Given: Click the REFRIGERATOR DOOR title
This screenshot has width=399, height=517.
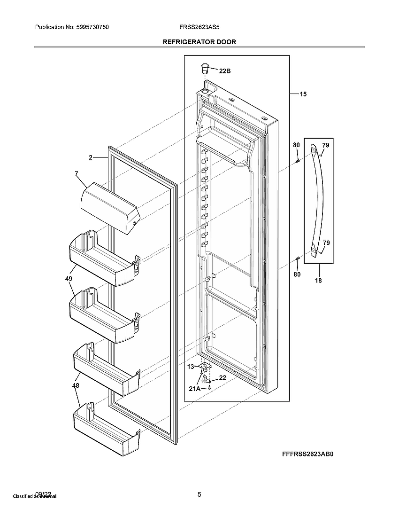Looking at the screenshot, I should click(199, 42).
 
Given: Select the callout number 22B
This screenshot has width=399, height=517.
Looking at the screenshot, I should click(225, 71).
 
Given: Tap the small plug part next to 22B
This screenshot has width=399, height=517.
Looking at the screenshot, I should click(205, 68).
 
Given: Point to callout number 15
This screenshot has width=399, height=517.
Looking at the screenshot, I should click(303, 94).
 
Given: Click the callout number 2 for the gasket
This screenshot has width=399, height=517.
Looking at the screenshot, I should click(90, 158).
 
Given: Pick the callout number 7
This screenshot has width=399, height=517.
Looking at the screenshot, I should click(76, 174).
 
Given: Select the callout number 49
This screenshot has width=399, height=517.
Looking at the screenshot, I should click(69, 279).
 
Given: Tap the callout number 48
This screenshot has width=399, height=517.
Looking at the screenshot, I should click(76, 385).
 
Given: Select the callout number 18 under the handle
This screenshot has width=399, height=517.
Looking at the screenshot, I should click(318, 281).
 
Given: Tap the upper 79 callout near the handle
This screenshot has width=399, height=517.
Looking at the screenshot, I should click(326, 145).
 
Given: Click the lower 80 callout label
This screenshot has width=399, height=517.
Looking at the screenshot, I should click(297, 274).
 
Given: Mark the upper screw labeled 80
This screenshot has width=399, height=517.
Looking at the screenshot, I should click(298, 161).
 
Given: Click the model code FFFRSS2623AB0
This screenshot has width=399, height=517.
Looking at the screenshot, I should click(310, 454).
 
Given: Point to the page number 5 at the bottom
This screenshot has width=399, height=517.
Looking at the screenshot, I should click(199, 494).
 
